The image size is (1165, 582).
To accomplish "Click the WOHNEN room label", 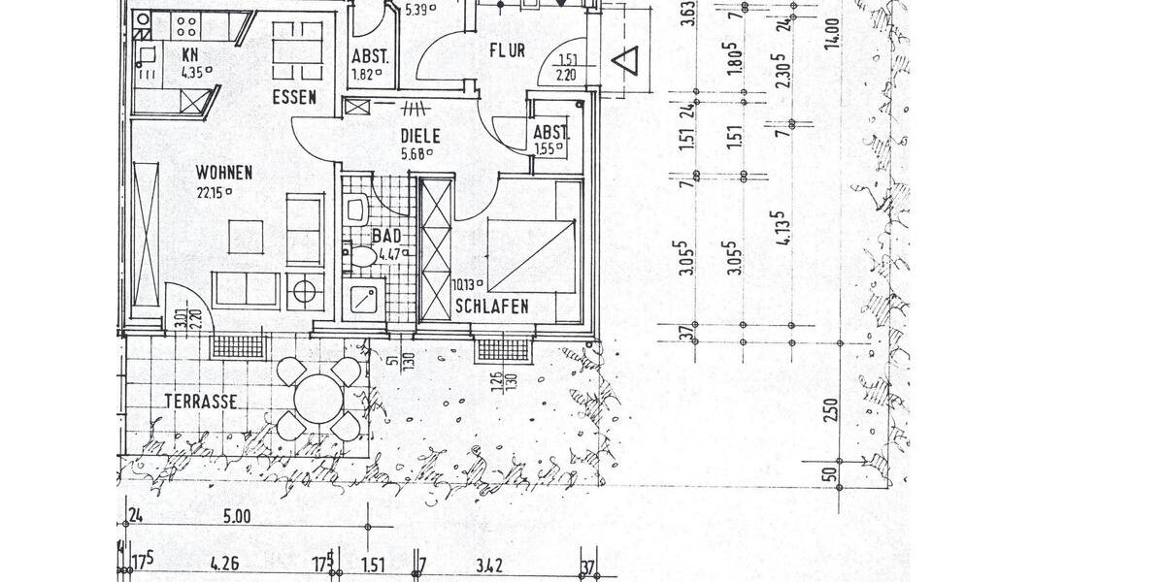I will [223, 173].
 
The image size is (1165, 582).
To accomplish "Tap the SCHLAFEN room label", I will [491, 307].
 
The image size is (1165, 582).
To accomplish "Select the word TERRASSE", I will [201, 401].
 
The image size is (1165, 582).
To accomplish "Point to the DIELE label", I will [420, 137].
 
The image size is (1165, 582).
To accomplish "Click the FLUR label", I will [507, 49].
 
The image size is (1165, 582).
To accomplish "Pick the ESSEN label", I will [295, 97].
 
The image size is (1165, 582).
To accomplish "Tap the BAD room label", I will [386, 236].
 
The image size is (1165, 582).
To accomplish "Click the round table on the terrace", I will [317, 398].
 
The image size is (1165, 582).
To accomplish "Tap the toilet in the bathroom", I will [362, 256].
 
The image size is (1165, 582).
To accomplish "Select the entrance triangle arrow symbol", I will [622, 62].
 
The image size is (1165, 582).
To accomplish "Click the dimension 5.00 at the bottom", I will [237, 517].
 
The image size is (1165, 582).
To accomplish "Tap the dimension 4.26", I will [225, 562].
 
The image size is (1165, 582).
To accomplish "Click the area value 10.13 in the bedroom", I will [466, 285].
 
